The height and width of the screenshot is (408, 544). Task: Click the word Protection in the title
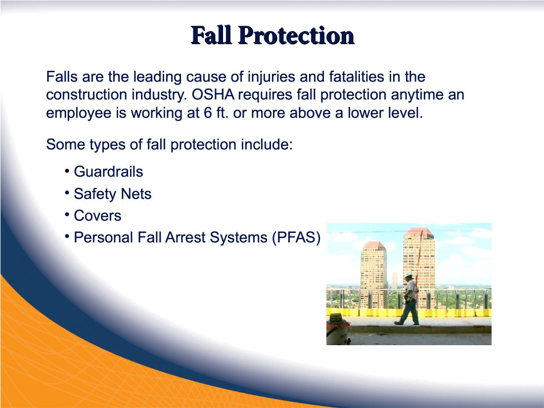[x=296, y=36]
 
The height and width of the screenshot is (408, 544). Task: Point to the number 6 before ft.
[x=208, y=113]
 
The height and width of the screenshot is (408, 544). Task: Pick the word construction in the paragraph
[x=87, y=95]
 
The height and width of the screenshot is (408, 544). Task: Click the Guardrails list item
[x=108, y=172]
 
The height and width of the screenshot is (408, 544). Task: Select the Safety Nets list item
[x=112, y=193]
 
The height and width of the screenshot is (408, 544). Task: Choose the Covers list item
[x=97, y=216]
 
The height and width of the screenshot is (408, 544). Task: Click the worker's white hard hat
[x=408, y=275]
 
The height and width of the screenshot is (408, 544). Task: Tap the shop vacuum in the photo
[x=338, y=329]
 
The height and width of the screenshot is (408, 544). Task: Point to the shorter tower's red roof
[x=373, y=245]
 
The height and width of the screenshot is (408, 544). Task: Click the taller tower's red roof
[x=419, y=231]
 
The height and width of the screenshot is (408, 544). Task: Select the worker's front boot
[x=398, y=323]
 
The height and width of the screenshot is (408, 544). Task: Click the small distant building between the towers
[x=395, y=280]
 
